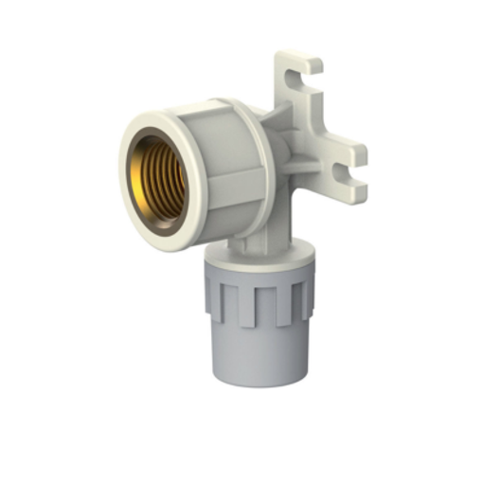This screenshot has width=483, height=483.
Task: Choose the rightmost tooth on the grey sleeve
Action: click(x=305, y=297)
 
